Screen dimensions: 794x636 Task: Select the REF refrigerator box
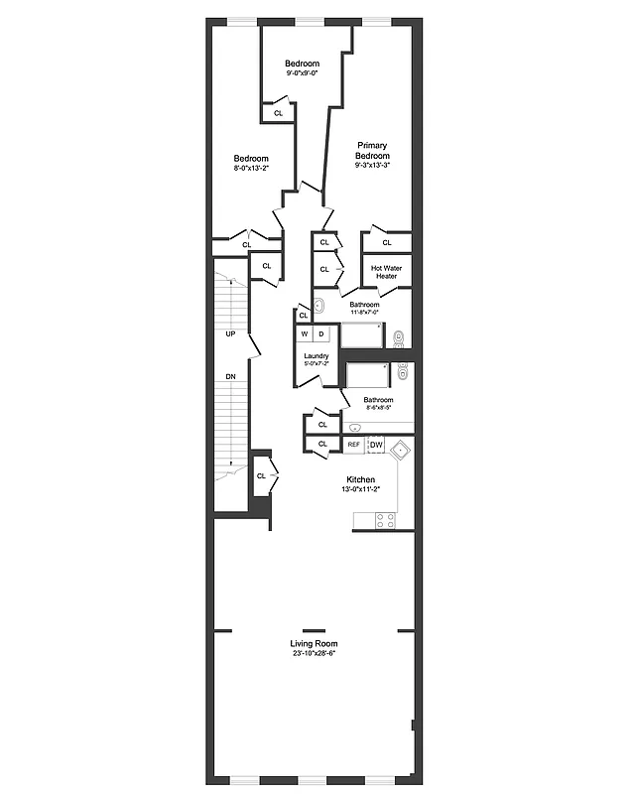[x=353, y=445]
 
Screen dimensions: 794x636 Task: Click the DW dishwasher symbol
[x=376, y=445]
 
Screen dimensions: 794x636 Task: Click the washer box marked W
[x=306, y=334]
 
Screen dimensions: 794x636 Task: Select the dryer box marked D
[x=321, y=334]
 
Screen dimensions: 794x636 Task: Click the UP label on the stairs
[x=230, y=333]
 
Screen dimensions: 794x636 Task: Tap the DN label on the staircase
[x=230, y=377]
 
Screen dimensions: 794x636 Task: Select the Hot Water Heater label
[x=385, y=272]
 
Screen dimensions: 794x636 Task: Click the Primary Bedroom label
[x=373, y=150]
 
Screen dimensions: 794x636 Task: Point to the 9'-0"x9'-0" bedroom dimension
[x=302, y=72]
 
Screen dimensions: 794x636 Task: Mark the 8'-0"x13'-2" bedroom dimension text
[x=251, y=168]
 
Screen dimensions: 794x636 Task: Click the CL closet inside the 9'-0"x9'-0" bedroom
[x=278, y=112]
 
